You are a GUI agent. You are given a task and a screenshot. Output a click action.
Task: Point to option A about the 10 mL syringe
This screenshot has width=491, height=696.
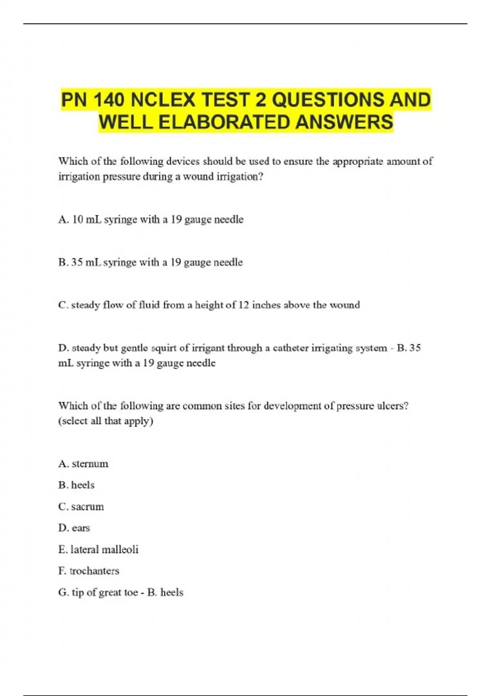coord(151,219)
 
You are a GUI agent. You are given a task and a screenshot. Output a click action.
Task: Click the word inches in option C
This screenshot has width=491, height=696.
coord(266,305)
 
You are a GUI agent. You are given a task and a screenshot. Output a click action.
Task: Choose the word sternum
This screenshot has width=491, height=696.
coord(90,464)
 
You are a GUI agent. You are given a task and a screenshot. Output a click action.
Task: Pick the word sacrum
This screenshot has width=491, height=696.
coord(88,507)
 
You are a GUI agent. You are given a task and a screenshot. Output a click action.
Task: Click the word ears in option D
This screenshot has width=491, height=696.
coord(81,528)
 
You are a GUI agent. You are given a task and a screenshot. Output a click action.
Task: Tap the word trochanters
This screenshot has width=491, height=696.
coord(95,571)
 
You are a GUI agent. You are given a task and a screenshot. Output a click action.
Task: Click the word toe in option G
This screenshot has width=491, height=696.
coord(130,592)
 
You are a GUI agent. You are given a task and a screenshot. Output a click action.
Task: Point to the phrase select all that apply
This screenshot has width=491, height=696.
coord(106,421)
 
